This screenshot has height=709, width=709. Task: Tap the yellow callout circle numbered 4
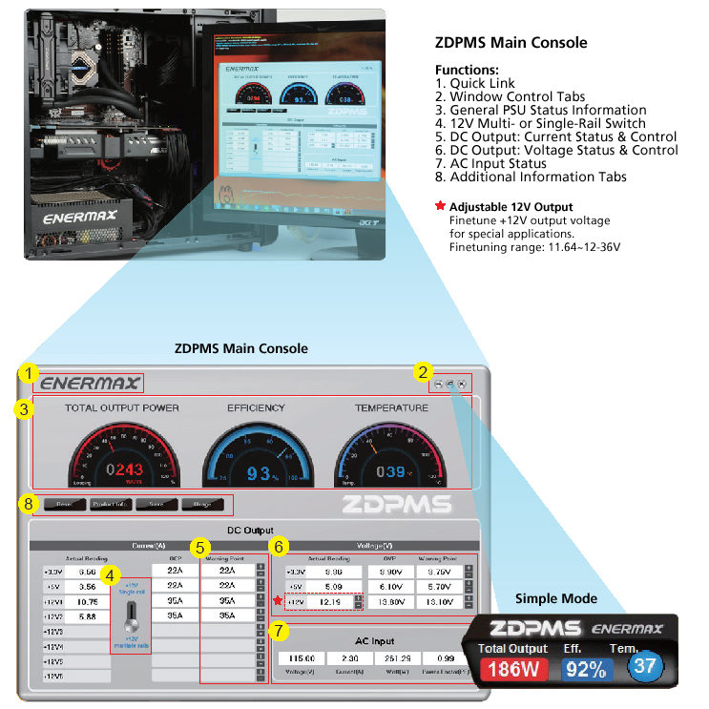click(114, 576)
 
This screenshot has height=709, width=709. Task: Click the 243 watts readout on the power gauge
click(129, 469)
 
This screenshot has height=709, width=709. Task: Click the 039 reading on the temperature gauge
click(390, 471)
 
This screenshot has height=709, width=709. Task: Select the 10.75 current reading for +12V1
click(87, 602)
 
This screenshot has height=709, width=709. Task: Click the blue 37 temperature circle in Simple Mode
click(645, 664)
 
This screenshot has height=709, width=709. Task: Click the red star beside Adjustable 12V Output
click(440, 206)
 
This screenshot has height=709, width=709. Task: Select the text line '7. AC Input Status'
click(490, 163)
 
